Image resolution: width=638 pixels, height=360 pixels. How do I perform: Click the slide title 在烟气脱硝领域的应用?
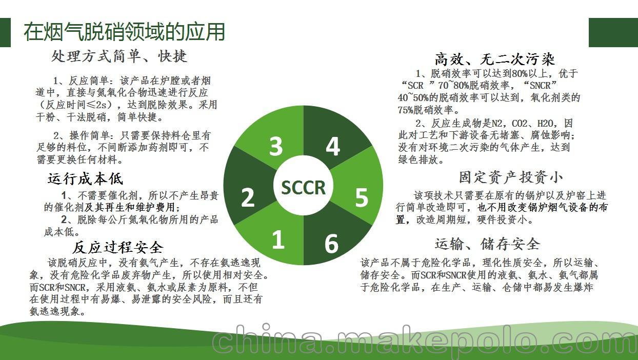(x=124, y=32)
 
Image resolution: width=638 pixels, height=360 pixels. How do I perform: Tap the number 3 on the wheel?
(x=276, y=146)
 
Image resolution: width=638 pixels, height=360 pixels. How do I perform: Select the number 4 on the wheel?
(x=333, y=146)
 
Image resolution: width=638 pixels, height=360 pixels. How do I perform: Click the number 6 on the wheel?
(x=331, y=244)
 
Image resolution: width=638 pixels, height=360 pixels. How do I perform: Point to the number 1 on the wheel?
(x=278, y=240)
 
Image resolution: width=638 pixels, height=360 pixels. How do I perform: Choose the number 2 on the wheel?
(x=247, y=197)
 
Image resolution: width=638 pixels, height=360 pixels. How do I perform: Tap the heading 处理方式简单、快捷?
(x=119, y=56)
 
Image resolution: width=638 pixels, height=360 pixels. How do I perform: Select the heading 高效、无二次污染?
(x=494, y=59)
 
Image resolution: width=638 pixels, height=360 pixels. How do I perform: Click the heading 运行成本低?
(x=85, y=179)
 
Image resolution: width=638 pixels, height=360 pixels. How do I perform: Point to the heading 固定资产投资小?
(x=511, y=177)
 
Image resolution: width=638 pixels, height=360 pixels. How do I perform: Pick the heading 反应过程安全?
(x=118, y=247)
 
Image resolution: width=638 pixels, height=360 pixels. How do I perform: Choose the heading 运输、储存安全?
(x=487, y=245)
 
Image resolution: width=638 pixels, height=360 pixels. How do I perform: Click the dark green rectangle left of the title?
(x=5, y=32)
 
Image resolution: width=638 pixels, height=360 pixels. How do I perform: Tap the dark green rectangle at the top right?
(x=613, y=32)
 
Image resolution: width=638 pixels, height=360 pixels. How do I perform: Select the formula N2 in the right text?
(x=497, y=124)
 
